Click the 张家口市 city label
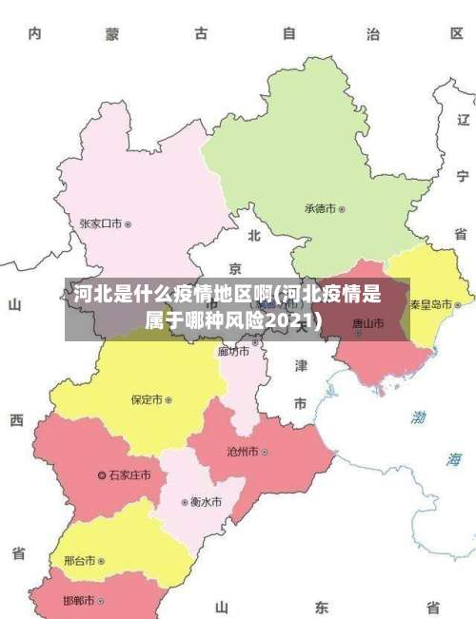(x=101, y=224)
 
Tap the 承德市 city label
(x=321, y=208)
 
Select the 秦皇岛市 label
(x=431, y=304)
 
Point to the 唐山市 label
(x=367, y=323)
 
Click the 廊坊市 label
(x=233, y=351)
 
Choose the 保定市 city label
(x=147, y=399)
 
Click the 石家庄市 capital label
(x=129, y=474)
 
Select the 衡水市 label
(x=206, y=501)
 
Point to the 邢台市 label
(x=80, y=561)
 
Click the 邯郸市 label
(x=79, y=601)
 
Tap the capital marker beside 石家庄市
(x=102, y=474)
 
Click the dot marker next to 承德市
(x=343, y=208)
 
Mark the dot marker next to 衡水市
(x=185, y=501)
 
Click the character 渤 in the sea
(x=419, y=416)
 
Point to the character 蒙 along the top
(x=112, y=34)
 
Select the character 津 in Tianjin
(x=301, y=365)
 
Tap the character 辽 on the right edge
(x=463, y=121)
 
